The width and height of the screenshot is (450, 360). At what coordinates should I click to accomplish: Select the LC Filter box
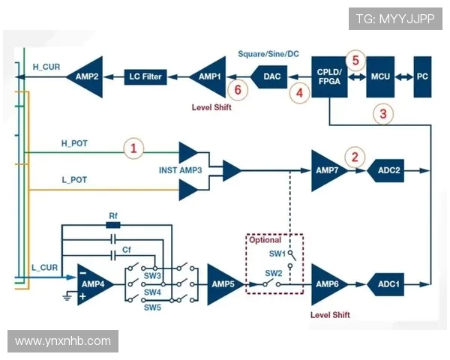(145, 76)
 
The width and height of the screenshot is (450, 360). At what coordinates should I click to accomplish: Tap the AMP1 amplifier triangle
(208, 76)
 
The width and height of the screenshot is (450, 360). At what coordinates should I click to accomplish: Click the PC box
(423, 76)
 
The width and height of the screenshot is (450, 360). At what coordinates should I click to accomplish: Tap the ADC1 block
(387, 284)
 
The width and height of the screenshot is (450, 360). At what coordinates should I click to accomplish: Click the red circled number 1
(133, 148)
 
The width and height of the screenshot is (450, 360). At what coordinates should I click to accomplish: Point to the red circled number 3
(383, 114)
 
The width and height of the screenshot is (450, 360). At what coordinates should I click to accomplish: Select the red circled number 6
(238, 90)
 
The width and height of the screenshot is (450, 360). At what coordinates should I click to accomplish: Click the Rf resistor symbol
(113, 223)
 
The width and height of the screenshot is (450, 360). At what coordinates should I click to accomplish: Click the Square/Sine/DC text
(268, 54)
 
